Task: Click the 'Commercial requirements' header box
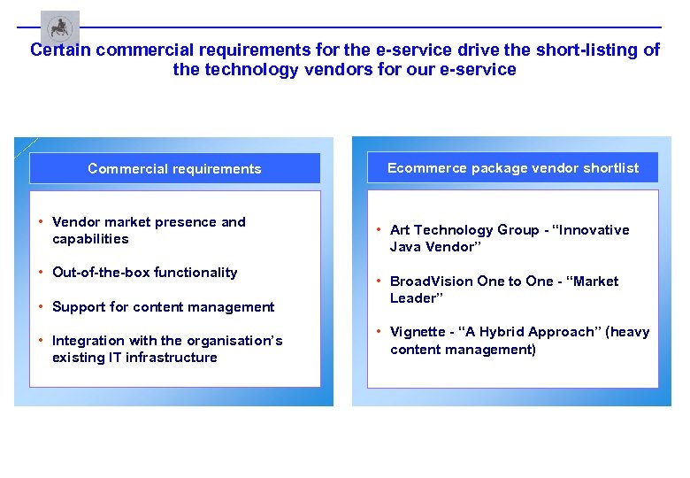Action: [174, 168]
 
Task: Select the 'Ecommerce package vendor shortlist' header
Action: [512, 167]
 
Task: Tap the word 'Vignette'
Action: [418, 332]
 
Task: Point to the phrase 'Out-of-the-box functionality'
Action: [144, 273]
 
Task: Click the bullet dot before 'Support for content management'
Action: [42, 306]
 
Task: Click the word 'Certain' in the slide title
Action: [60, 50]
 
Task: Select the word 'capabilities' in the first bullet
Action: [90, 239]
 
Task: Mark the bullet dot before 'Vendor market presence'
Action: [42, 221]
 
